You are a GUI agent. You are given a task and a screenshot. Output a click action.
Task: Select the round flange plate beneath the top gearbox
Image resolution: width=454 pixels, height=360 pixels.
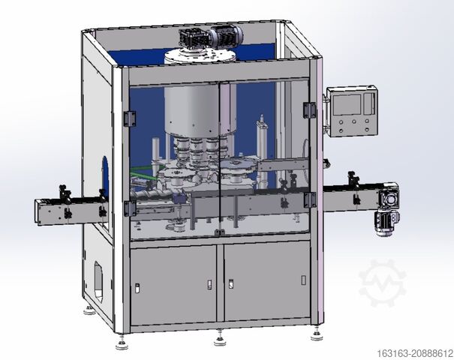(x=202, y=57)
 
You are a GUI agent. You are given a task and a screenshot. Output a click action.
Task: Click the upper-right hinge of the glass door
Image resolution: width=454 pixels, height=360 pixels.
(x=308, y=110)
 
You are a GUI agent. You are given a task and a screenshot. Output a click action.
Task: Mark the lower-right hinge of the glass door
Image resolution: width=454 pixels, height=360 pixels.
(x=308, y=199)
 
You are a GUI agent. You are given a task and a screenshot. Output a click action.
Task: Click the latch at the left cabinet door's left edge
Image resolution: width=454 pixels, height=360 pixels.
(x=138, y=287)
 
